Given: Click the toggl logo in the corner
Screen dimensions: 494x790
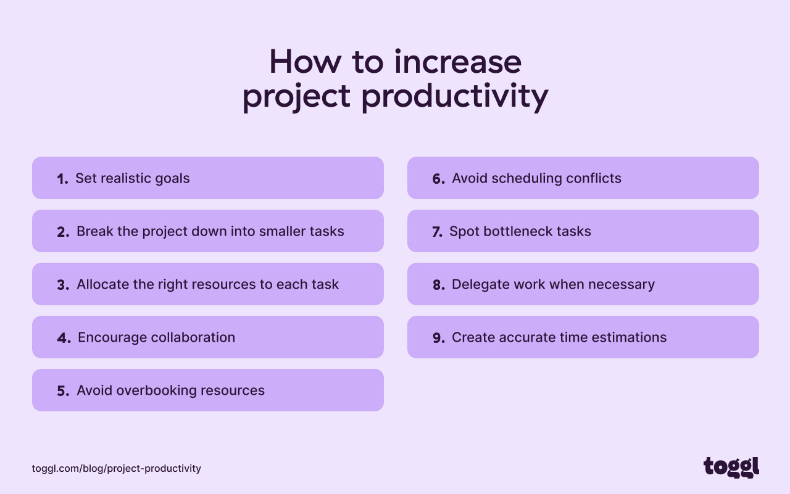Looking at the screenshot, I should pos(731,467).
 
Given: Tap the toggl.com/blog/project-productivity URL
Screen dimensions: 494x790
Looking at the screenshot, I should pos(117,469).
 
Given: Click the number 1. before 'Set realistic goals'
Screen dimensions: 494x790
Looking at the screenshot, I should pos(62,179).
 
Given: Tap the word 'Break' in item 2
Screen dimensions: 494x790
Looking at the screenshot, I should pos(94,231).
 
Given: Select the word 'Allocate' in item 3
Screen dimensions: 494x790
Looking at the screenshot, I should pos(102,284).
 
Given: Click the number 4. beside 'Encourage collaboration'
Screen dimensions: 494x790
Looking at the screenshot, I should pos(64,338).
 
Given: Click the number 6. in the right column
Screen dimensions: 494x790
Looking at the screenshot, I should pos(438,179).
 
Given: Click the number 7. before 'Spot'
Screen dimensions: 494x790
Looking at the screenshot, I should pos(437,232).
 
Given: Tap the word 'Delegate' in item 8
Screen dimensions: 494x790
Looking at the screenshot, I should pos(479,284).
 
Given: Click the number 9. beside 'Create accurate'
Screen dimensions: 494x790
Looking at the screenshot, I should pos(438,338).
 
